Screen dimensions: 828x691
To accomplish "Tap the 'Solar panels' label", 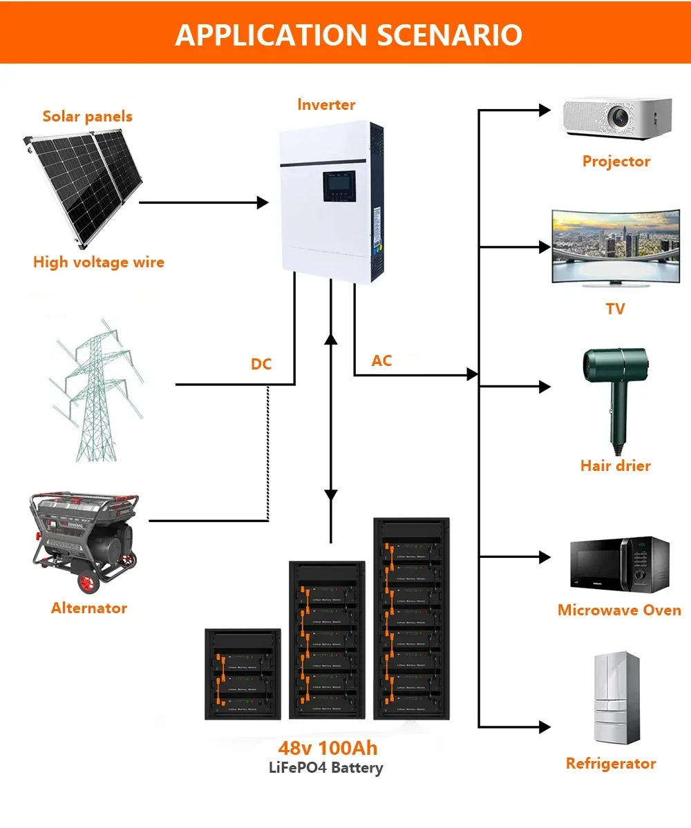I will [x=87, y=116].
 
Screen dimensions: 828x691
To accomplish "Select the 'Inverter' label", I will [x=326, y=105].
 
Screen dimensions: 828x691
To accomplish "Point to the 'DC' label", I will [x=261, y=364].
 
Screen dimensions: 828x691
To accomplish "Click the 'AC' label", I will [x=381, y=360].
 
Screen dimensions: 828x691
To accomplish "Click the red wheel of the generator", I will [x=88, y=583].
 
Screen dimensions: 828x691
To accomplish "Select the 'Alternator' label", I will [x=89, y=608].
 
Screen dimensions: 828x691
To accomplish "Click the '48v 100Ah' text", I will [x=328, y=749].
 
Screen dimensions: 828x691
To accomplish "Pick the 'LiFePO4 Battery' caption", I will [x=325, y=768].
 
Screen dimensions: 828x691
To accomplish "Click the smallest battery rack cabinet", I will [x=243, y=675].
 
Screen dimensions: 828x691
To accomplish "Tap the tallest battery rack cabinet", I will [x=412, y=619].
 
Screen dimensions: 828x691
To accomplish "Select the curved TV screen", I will [x=615, y=247].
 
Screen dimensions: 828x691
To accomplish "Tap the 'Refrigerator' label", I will [x=610, y=764].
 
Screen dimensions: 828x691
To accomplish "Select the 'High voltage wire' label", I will [x=99, y=262].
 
